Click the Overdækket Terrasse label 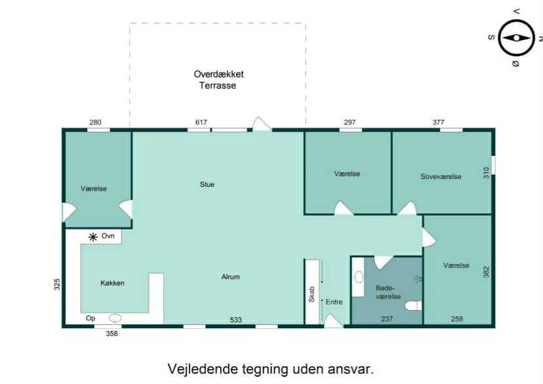pyautogui.click(x=218, y=79)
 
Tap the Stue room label pyautogui.click(x=207, y=184)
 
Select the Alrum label pyautogui.click(x=231, y=277)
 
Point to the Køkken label pyautogui.click(x=112, y=283)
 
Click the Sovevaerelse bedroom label pyautogui.click(x=441, y=176)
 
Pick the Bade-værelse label pyautogui.click(x=388, y=292)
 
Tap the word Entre pyautogui.click(x=334, y=302)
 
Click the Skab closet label pyautogui.click(x=312, y=294)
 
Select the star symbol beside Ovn pyautogui.click(x=93, y=237)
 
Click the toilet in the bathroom pyautogui.click(x=414, y=306)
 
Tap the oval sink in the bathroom pyautogui.click(x=359, y=277)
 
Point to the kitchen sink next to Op pyautogui.click(x=115, y=318)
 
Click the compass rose pyautogui.click(x=516, y=38)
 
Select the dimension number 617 pyautogui.click(x=201, y=122)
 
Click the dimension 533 pyautogui.click(x=236, y=320)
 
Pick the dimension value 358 pyautogui.click(x=112, y=334)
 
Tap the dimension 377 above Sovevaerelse pyautogui.click(x=439, y=122)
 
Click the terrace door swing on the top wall pyautogui.click(x=262, y=124)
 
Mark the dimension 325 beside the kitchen pyautogui.click(x=57, y=284)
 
